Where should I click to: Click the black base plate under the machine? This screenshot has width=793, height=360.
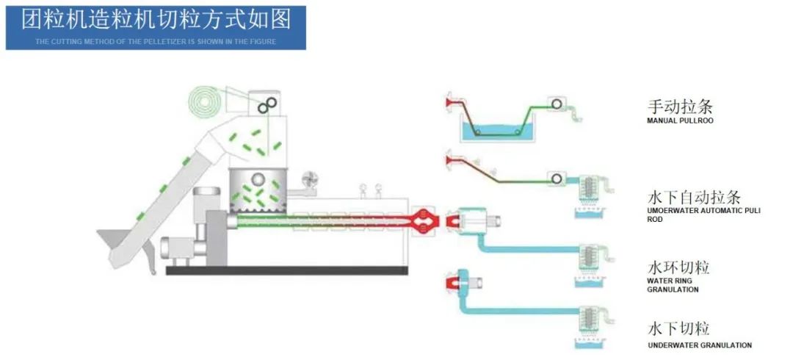(286, 270)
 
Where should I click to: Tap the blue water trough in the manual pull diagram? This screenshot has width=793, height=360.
(495, 132)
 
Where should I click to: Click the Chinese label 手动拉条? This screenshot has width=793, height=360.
(680, 107)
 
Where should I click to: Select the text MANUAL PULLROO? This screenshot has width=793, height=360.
(679, 120)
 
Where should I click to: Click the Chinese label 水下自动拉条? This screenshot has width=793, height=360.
(694, 198)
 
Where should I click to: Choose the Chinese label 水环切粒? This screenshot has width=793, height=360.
(678, 267)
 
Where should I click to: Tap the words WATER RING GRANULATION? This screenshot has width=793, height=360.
(672, 285)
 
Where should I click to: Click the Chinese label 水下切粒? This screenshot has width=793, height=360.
(678, 328)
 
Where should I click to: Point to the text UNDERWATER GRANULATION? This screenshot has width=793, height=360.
(699, 345)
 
